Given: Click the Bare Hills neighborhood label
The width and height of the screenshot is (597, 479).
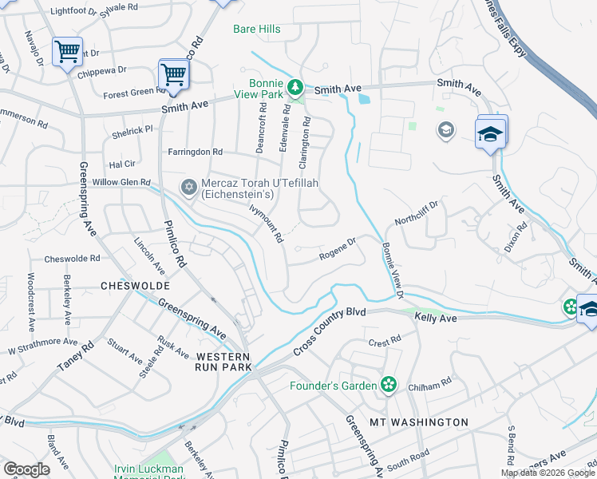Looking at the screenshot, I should click(x=256, y=30).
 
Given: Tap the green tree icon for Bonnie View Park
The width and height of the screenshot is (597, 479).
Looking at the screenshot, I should click(x=295, y=86).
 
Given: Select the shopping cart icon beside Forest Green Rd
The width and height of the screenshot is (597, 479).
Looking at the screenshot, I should click(x=173, y=75).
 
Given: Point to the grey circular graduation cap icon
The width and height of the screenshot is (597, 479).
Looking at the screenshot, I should click(x=445, y=129).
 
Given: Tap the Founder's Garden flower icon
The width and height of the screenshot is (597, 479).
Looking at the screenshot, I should click(x=388, y=386).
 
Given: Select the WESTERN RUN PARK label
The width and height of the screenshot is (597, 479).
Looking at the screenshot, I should click(x=223, y=361).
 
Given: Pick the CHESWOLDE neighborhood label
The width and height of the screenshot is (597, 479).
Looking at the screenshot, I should click(x=130, y=285).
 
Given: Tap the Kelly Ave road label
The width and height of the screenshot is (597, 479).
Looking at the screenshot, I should click(x=435, y=318).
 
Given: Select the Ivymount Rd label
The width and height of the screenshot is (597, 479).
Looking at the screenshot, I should click(x=267, y=224).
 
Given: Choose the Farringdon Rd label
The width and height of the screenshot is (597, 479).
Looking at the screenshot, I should click(x=195, y=152).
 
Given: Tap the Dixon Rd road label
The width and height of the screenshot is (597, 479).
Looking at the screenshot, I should click(x=516, y=237).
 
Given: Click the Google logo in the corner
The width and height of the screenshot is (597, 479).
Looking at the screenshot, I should click(x=26, y=469).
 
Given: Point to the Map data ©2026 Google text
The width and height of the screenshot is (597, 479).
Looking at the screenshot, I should click(x=547, y=473).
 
